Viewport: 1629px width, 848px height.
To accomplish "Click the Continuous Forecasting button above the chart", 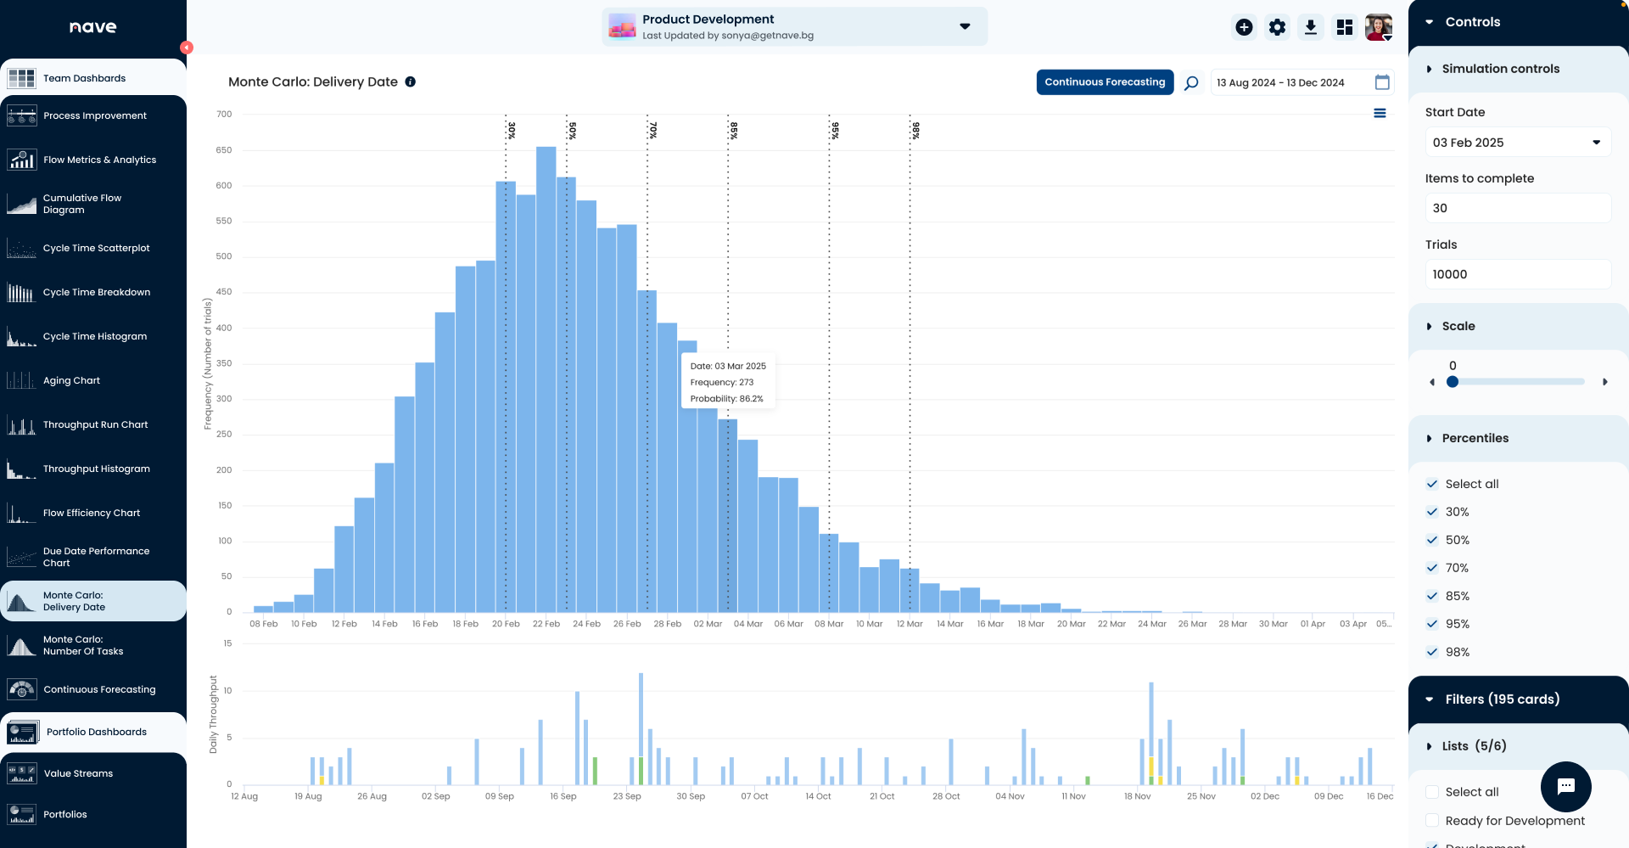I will tap(1104, 82).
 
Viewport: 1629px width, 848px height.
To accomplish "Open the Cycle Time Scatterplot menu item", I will tap(96, 248).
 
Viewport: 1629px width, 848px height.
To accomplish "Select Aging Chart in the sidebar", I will tap(71, 380).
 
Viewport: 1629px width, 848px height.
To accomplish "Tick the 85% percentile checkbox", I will tap(1432, 596).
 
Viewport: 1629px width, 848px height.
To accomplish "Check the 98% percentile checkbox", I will tap(1432, 652).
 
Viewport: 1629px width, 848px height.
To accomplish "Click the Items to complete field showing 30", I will tap(1517, 208).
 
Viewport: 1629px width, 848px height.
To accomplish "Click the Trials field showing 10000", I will tap(1517, 274).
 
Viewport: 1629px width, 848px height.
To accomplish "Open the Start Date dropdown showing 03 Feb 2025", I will tap(1517, 143).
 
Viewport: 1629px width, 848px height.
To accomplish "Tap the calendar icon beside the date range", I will tap(1382, 82).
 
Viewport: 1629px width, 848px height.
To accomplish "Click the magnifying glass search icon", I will tap(1191, 83).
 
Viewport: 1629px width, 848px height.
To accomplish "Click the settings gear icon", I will tap(1277, 27).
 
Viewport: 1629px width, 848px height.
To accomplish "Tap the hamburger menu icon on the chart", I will tap(1380, 113).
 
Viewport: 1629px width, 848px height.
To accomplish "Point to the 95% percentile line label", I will tap(835, 130).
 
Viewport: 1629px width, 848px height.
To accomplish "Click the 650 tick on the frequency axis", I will tap(224, 150).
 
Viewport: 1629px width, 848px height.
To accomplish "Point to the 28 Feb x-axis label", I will tap(667, 624).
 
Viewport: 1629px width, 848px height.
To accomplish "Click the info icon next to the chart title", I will tap(411, 81).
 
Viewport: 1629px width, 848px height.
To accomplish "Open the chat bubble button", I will tap(1565, 786).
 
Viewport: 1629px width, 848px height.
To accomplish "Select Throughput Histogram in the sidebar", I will tap(96, 469).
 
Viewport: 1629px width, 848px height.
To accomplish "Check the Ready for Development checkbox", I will tap(1432, 820).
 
